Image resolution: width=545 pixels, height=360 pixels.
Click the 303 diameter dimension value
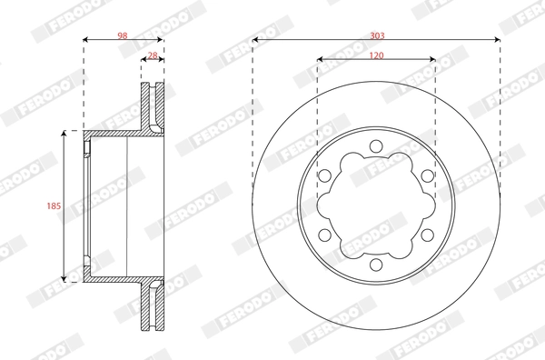pyautogui.click(x=376, y=35)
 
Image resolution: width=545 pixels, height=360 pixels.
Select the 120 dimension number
pyautogui.click(x=376, y=55)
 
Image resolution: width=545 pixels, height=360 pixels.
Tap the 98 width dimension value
pyautogui.click(x=122, y=35)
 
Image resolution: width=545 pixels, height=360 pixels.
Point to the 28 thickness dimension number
pyautogui.click(x=153, y=55)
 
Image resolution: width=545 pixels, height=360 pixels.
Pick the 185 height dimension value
pyautogui.click(x=53, y=206)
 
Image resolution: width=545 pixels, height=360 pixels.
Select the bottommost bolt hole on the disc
pyautogui.click(x=376, y=265)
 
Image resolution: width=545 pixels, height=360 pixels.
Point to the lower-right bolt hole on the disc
pyautogui.click(x=427, y=235)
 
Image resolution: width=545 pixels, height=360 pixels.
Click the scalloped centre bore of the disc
pyautogui.click(x=376, y=206)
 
